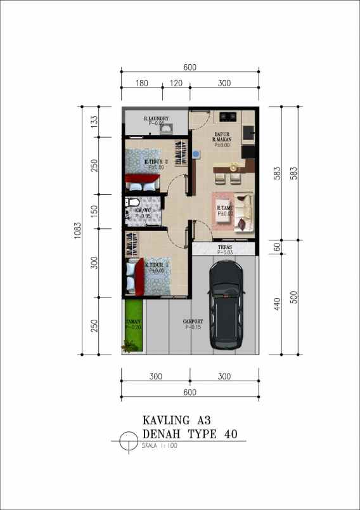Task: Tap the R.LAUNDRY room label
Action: (x=155, y=118)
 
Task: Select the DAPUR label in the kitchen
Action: (x=222, y=134)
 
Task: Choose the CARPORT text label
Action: (x=194, y=322)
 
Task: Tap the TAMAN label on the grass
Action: (x=133, y=322)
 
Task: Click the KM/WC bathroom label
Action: (x=143, y=211)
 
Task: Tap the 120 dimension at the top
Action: (x=176, y=84)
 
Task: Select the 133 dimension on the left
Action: (x=94, y=121)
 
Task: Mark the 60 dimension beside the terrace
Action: (x=276, y=247)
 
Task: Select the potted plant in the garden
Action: (x=131, y=346)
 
